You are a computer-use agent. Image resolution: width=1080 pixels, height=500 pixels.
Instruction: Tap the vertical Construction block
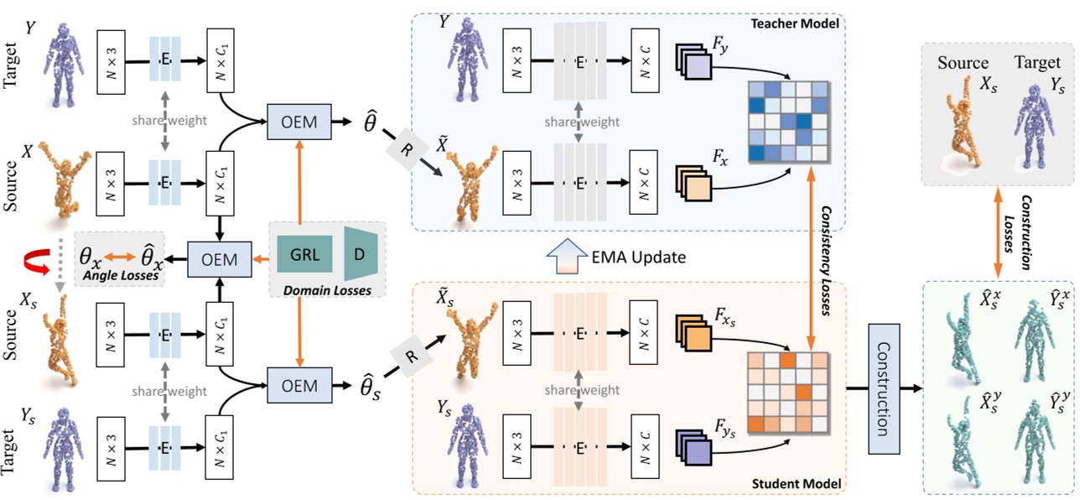884,388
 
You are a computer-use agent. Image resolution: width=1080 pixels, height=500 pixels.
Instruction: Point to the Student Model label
797,484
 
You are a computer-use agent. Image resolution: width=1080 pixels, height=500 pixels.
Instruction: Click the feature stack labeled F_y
693,65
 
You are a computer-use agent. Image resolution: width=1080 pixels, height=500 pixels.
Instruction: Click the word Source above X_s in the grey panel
963,63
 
